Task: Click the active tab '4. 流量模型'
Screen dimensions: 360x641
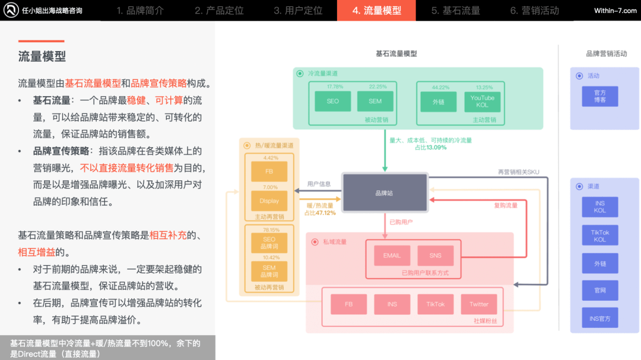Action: [376, 10]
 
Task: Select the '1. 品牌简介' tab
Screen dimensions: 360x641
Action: [140, 10]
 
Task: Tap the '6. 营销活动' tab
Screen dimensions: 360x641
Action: [534, 10]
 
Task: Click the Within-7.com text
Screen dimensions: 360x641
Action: [615, 11]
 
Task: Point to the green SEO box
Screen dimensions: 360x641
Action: [333, 101]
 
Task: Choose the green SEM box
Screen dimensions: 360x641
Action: [375, 101]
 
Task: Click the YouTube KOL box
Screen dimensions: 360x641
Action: [482, 101]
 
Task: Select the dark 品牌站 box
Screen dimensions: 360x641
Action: [385, 193]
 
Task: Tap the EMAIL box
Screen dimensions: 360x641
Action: [392, 256]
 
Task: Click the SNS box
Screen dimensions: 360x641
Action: [435, 256]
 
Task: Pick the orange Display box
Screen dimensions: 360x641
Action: [269, 201]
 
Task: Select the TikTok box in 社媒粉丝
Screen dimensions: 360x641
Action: [435, 304]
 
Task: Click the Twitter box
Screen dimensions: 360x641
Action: [478, 304]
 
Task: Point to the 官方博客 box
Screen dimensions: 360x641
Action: [600, 97]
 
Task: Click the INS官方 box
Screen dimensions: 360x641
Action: [600, 318]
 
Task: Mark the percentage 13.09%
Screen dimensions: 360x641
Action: [435, 147]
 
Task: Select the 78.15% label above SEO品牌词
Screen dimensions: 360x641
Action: [269, 230]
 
